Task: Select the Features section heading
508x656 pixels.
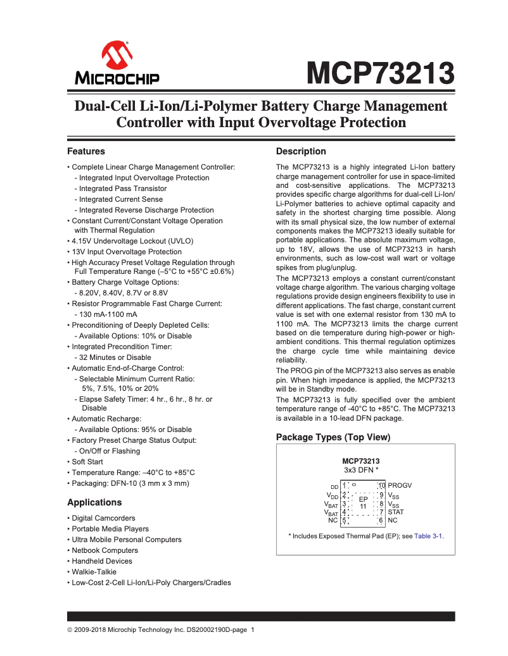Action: (86, 152)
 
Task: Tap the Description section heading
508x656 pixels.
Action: (301, 152)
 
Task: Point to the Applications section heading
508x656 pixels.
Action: (94, 503)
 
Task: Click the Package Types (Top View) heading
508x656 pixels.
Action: (333, 438)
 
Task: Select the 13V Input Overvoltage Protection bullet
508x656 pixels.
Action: (117, 252)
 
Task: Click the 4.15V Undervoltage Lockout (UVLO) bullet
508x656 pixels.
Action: (132, 241)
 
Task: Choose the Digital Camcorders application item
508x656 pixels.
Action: (103, 518)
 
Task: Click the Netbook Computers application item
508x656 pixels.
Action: (105, 550)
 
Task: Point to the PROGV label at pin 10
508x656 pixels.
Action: (400, 485)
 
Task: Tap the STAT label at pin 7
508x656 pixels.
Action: (396, 512)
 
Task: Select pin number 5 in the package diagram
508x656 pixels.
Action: (344, 521)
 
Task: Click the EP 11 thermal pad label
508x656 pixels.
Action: (363, 502)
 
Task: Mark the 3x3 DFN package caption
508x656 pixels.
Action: (361, 471)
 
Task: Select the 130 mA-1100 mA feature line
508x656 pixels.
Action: (105, 314)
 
